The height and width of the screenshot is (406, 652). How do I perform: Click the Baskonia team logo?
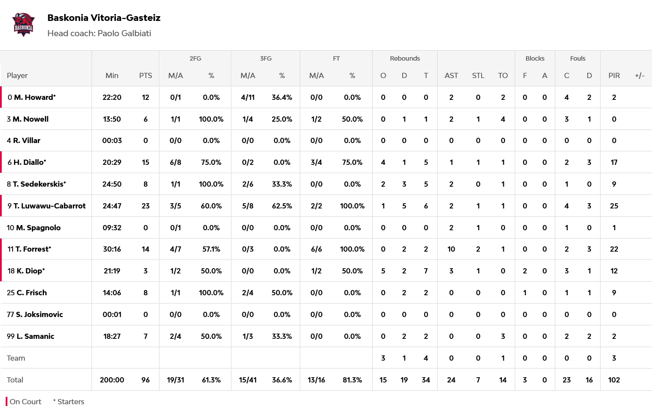tap(24, 25)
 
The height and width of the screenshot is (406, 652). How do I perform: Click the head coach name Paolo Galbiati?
tap(124, 34)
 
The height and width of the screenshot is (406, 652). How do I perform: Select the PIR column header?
tap(614, 75)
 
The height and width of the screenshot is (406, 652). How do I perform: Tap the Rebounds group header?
tap(404, 58)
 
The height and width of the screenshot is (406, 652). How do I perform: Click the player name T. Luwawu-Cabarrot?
tap(49, 206)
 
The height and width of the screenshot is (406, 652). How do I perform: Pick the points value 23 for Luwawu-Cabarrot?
tap(146, 206)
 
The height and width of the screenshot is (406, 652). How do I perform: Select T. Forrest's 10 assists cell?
tap(451, 249)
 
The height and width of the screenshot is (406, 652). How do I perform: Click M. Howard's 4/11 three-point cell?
tap(248, 97)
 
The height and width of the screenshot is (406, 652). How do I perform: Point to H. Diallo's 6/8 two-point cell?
tap(175, 162)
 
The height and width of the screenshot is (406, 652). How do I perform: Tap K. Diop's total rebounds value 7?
tap(426, 271)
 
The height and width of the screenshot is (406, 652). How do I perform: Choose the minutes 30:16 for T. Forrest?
tap(112, 249)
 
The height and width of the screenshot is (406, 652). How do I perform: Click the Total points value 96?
tap(146, 380)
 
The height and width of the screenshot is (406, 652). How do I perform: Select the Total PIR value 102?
tap(614, 380)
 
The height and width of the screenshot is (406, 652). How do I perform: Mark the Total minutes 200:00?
tap(112, 380)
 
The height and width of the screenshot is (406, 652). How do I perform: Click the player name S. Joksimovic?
tap(39, 314)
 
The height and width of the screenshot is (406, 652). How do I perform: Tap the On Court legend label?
tap(25, 402)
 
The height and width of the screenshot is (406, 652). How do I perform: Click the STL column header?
tap(478, 75)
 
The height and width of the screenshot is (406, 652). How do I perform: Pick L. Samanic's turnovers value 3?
tap(503, 336)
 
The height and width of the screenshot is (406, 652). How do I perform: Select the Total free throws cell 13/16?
tap(316, 380)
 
